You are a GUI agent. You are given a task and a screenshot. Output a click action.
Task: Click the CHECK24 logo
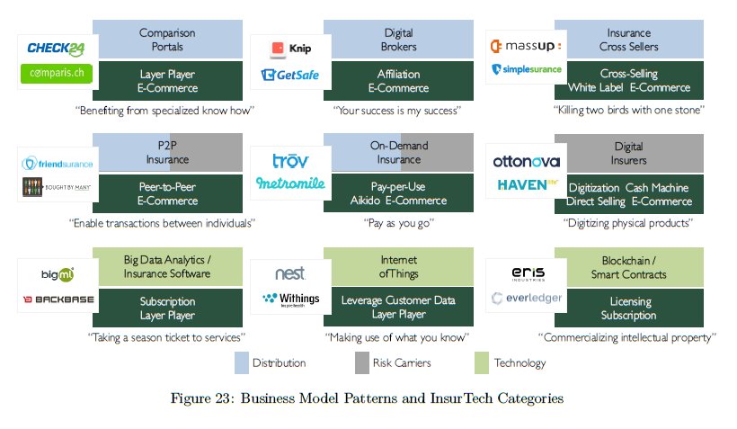[56, 48]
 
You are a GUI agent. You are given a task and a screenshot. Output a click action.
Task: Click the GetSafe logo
[290, 76]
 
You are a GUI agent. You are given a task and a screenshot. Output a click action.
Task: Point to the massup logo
[525, 45]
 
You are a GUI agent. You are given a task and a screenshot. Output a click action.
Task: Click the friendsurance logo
[56, 164]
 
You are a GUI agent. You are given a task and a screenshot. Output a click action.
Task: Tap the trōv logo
[290, 161]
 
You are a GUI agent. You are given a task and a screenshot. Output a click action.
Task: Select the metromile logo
[289, 183]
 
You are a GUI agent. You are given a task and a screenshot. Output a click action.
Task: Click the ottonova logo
[526, 162]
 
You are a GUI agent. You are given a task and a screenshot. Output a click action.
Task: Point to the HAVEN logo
[526, 185]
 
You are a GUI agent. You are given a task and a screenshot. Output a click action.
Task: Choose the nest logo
[289, 273]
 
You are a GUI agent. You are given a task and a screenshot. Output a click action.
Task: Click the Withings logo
[289, 299]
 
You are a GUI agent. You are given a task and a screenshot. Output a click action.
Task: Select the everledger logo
[526, 299]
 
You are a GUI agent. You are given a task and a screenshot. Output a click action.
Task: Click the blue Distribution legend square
[241, 362]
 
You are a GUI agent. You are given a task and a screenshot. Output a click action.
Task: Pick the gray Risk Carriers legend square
[361, 362]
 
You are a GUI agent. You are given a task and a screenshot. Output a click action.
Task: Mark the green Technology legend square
[481, 362]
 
